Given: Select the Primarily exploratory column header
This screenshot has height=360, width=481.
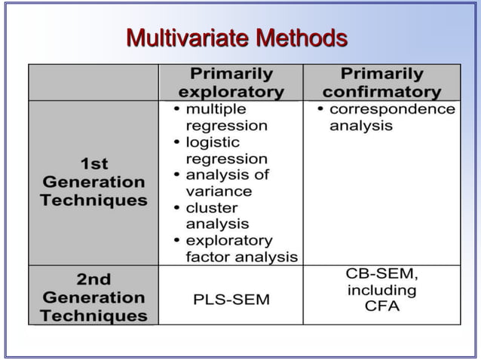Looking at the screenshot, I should point(231,83).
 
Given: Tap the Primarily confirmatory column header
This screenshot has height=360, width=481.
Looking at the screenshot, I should point(381,83).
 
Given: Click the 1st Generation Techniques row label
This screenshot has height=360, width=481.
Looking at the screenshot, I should point(93,182).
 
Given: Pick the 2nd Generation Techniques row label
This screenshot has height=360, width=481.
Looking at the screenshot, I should point(93,297).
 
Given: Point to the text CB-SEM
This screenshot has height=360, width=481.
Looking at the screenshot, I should point(381,273).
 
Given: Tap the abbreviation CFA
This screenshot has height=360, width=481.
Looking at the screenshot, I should point(381,307).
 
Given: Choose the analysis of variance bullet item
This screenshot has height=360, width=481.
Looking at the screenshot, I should point(226,183).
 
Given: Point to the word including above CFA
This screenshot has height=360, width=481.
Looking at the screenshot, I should point(381,290).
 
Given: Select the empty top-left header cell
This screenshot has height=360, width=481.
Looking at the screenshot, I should point(93,83).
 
